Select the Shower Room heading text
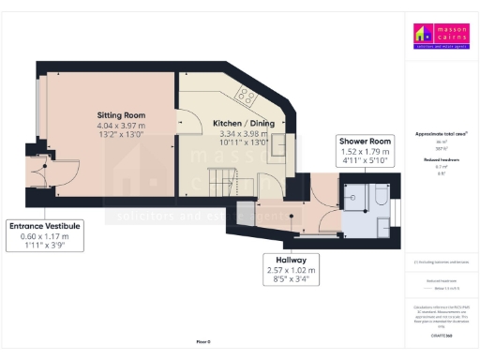(x=366, y=141)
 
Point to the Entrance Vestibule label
(x=45, y=226)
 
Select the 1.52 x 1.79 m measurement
(x=366, y=151)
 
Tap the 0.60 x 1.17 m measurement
(x=45, y=236)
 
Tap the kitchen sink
(x=278, y=144)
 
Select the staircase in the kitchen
(x=218, y=175)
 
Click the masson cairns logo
(x=440, y=35)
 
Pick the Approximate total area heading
(x=440, y=134)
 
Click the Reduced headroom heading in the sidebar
(x=440, y=160)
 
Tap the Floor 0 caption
(x=203, y=342)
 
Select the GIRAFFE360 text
(x=440, y=334)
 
